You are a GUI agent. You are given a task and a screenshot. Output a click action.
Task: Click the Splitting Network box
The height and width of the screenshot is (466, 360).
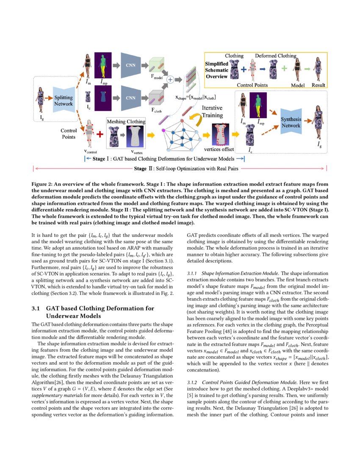point(64,101)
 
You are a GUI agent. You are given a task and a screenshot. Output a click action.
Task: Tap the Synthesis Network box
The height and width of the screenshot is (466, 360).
point(291,122)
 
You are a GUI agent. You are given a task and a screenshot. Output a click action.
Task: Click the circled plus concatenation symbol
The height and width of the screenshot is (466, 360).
point(170,79)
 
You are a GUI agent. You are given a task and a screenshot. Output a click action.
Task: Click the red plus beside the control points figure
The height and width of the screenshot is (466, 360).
point(100,134)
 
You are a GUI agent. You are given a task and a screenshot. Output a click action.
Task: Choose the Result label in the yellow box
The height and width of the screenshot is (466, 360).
point(318,85)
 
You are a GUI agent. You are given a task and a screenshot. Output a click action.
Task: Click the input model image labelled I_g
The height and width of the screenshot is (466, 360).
point(42,101)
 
